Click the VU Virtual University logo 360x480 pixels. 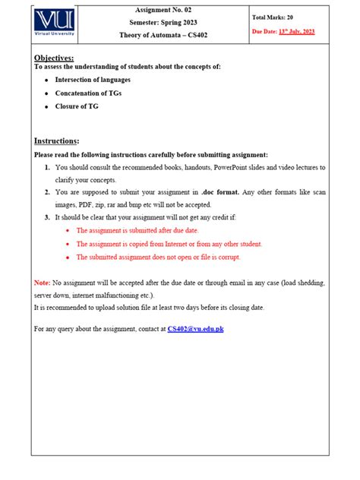[56, 25]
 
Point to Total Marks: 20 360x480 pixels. [273, 16]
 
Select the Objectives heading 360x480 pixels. [54, 58]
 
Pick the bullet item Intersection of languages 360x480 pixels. [92, 79]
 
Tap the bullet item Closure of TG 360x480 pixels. [76, 106]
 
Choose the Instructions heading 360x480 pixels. [57, 141]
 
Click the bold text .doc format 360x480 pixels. [220, 193]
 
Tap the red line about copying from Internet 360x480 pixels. [169, 244]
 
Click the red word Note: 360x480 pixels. [42, 283]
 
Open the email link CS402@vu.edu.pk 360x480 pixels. [195, 329]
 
